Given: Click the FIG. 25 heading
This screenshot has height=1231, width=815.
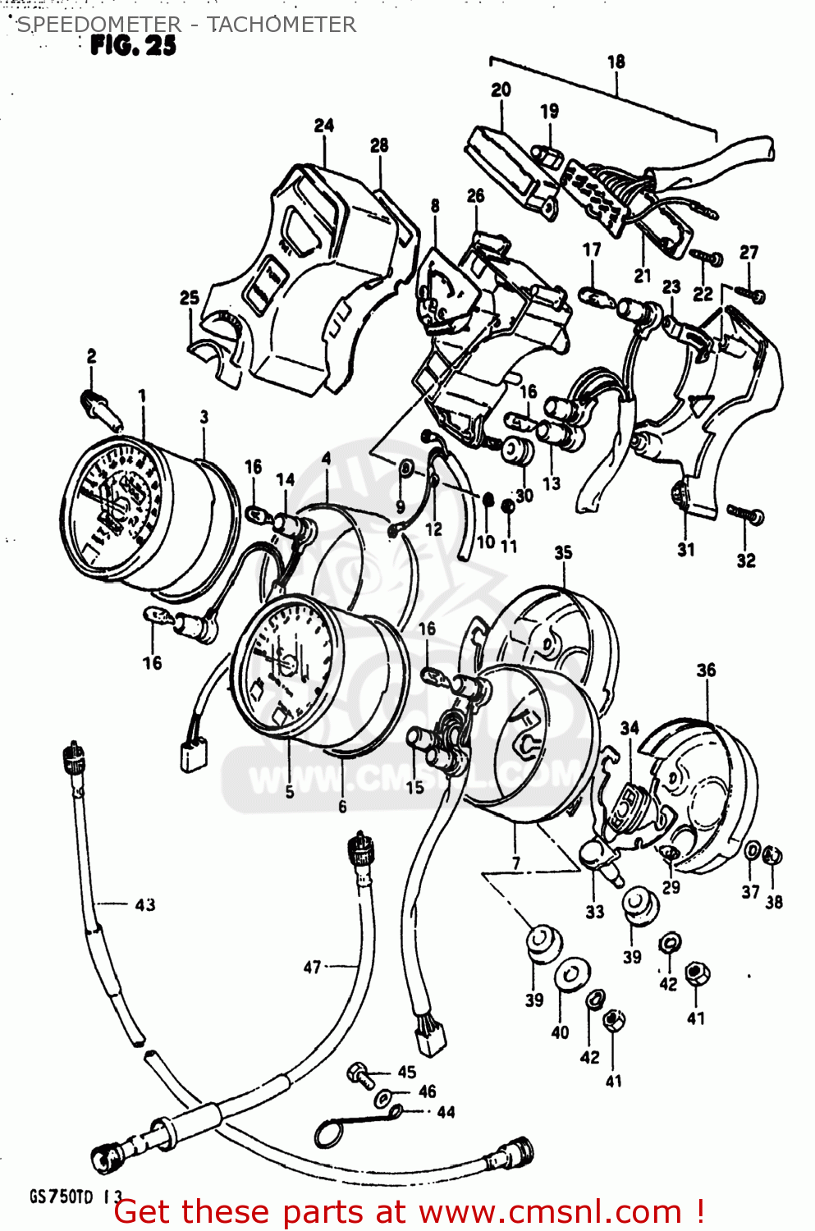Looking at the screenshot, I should pyautogui.click(x=133, y=45).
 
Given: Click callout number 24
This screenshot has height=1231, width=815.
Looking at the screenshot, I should pyautogui.click(x=324, y=126).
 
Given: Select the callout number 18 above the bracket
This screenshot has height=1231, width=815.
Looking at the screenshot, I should pyautogui.click(x=616, y=62).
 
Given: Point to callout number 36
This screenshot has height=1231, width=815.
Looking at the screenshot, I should pyautogui.click(x=706, y=670).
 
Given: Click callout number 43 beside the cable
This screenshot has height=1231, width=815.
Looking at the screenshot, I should pyautogui.click(x=144, y=904).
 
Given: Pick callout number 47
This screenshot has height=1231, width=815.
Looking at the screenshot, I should pyautogui.click(x=312, y=967).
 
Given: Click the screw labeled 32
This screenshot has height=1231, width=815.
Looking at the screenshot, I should pyautogui.click(x=745, y=515).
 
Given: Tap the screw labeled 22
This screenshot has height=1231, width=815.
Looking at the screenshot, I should pyautogui.click(x=705, y=256).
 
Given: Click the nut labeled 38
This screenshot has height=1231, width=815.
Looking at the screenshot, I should pyautogui.click(x=772, y=856).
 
